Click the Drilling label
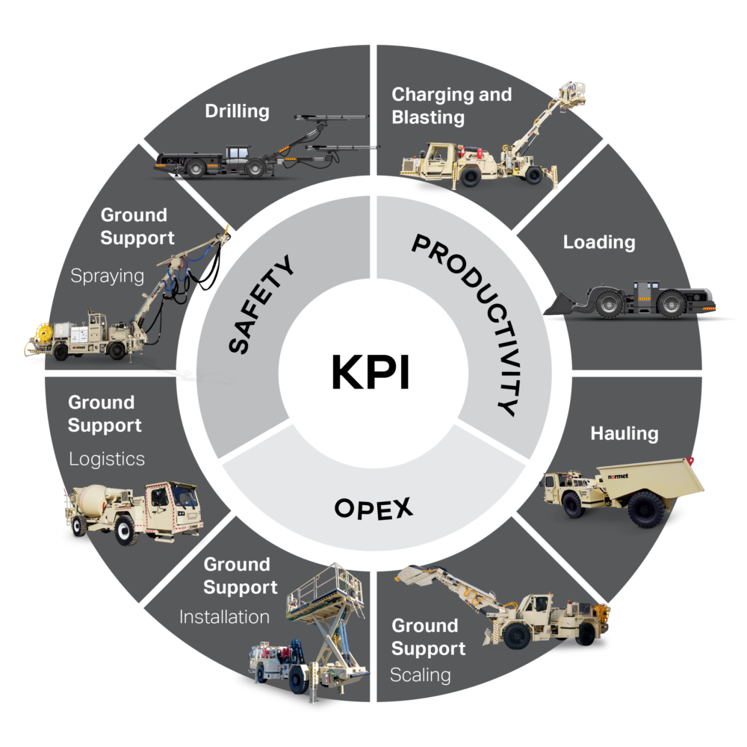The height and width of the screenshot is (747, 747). [237, 112]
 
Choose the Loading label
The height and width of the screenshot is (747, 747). [599, 242]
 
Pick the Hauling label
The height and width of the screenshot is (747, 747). [624, 433]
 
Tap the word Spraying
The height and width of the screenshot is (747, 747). [107, 276]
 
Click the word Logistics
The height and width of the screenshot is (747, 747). [106, 459]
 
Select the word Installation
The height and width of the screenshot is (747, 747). [224, 617]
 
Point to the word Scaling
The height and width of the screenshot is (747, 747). [421, 675]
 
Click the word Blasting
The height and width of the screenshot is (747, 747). [428, 118]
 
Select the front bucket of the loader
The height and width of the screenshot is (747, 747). [563, 302]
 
